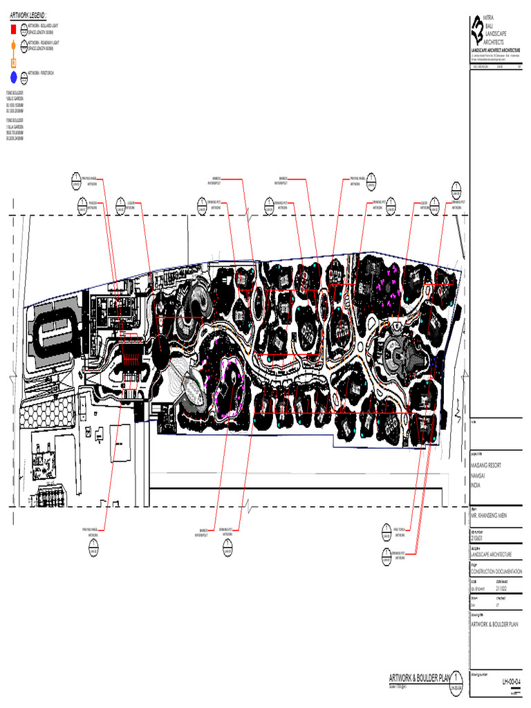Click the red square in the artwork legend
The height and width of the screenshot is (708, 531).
(x=12, y=30)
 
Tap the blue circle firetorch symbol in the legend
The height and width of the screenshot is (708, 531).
(x=13, y=76)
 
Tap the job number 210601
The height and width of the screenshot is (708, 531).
(x=478, y=536)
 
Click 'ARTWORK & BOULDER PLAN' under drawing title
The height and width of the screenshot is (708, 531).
(x=494, y=624)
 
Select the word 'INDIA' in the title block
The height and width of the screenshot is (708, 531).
(x=475, y=486)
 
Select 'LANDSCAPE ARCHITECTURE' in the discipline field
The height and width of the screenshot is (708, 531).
(x=491, y=555)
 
